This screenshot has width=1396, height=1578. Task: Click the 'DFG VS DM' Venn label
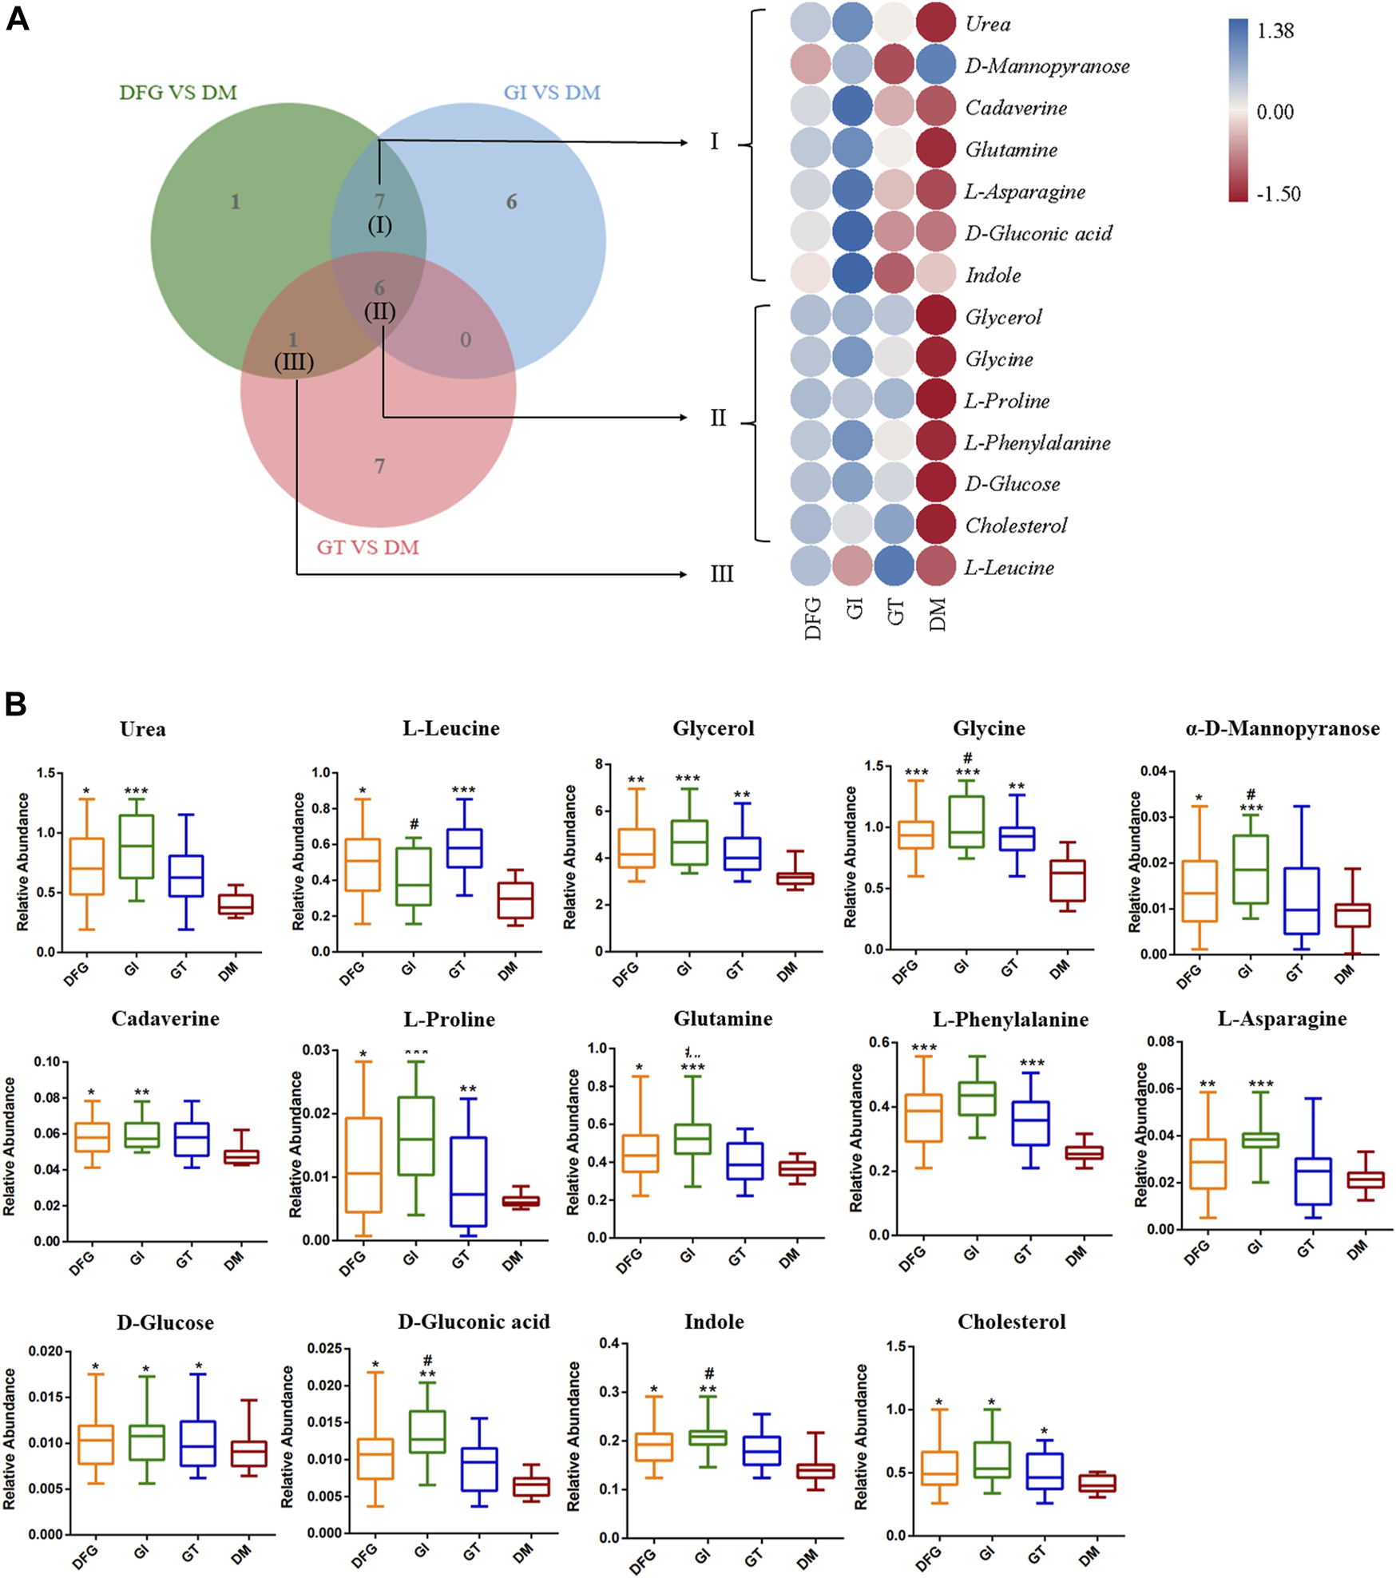pos(178,93)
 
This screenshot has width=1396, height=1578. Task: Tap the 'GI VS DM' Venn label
pos(552,93)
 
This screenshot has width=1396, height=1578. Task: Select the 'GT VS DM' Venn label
pos(367,548)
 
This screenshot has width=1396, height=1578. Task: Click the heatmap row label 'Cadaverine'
pos(1016,108)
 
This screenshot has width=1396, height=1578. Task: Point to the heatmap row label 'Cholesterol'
pos(1016,525)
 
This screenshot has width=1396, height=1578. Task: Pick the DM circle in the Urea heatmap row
pos(936,23)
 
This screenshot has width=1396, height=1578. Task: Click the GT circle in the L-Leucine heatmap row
pos(894,566)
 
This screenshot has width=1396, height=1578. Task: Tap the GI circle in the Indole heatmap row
pos(853,274)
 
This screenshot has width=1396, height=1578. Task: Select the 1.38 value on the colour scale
pos(1275,31)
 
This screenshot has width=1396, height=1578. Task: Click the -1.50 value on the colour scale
pos(1278,194)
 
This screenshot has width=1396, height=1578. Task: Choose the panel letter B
pos(15,704)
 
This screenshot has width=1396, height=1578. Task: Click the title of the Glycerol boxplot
pos(713,728)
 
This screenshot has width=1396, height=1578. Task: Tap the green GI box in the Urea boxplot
pos(136,846)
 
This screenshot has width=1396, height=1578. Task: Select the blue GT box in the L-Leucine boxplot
pos(463,848)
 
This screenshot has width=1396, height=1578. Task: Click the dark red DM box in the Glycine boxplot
pos(1067,880)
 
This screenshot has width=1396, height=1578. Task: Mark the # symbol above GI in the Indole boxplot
pos(708,1374)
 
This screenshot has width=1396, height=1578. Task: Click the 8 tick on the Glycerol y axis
pos(598,764)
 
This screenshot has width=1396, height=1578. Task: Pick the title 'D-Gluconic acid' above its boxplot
pos(474,1322)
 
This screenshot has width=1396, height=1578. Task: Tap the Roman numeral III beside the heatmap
pos(721,574)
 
